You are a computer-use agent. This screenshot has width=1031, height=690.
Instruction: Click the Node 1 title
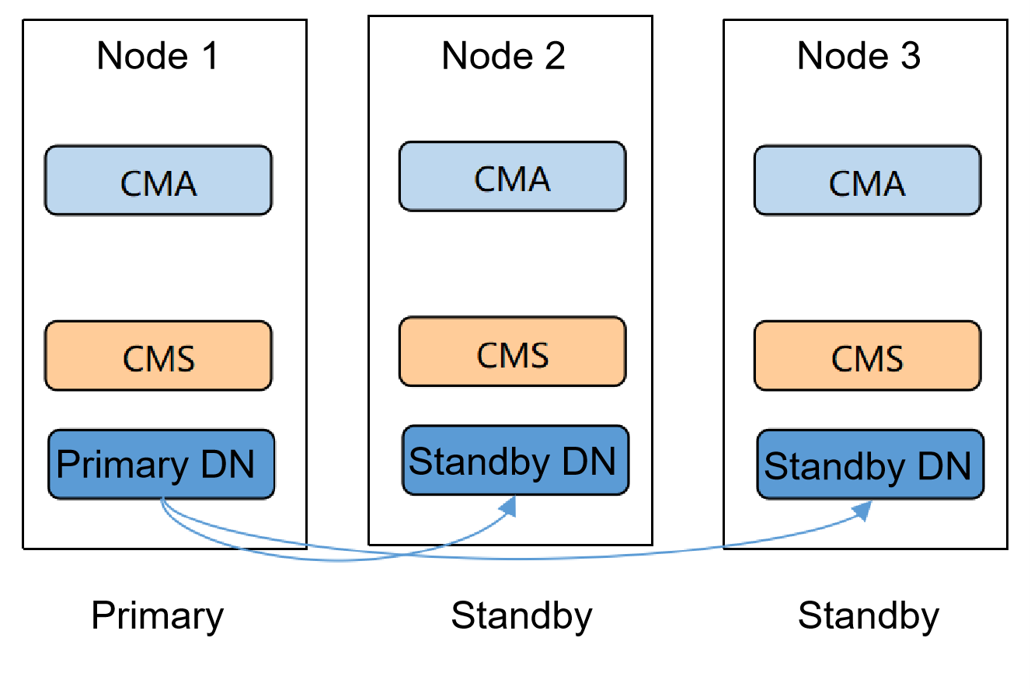[x=158, y=56]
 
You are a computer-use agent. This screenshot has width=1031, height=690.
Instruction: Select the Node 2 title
[x=503, y=56]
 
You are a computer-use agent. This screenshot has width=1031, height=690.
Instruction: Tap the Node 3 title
[x=859, y=56]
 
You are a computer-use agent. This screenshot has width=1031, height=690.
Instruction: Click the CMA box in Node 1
[x=158, y=180]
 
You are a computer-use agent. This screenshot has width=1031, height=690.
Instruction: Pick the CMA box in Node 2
[x=512, y=176]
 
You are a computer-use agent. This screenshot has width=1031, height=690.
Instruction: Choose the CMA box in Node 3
[x=867, y=180]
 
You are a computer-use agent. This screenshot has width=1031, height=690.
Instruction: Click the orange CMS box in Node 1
[x=158, y=356]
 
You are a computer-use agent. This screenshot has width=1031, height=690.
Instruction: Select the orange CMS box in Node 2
[x=512, y=352]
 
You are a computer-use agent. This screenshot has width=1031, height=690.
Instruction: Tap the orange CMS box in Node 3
[x=867, y=356]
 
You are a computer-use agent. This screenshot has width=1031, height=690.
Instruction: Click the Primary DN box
[x=161, y=464]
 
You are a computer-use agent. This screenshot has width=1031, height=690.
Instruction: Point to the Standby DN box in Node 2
[x=515, y=461]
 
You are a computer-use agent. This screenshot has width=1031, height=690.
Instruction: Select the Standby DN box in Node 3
[x=870, y=465]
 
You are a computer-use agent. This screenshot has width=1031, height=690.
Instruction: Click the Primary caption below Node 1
[x=158, y=615]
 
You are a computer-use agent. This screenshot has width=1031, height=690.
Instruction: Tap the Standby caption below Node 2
[x=522, y=615]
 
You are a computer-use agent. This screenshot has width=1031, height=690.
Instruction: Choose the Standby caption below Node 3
[x=869, y=615]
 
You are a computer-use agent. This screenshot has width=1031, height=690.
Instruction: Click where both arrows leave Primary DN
[x=162, y=501]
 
